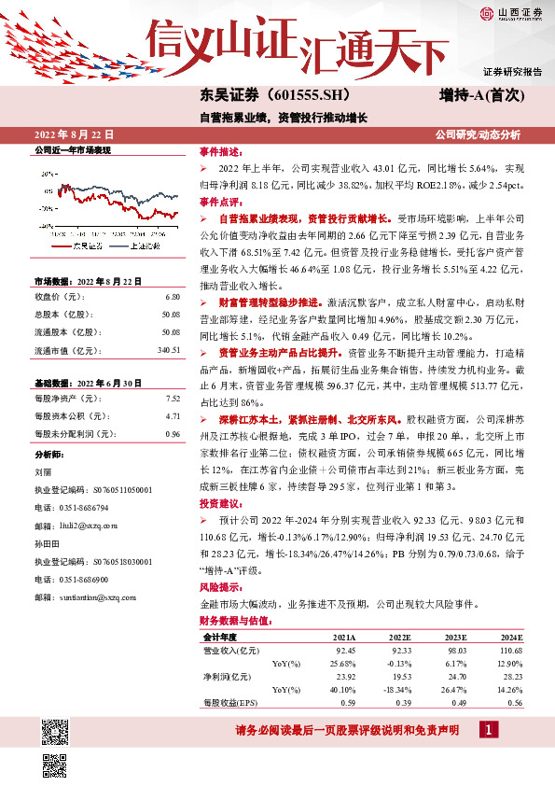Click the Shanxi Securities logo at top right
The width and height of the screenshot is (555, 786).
tap(510, 12)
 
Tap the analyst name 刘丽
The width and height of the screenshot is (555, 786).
tap(43, 472)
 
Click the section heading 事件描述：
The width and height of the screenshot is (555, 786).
tap(221, 151)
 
